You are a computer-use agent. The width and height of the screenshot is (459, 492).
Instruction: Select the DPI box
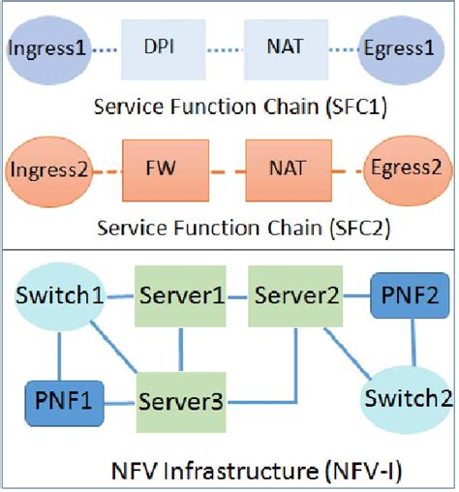pyautogui.click(x=166, y=46)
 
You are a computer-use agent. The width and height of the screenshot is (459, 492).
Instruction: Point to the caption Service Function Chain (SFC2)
pyautogui.click(x=229, y=229)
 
